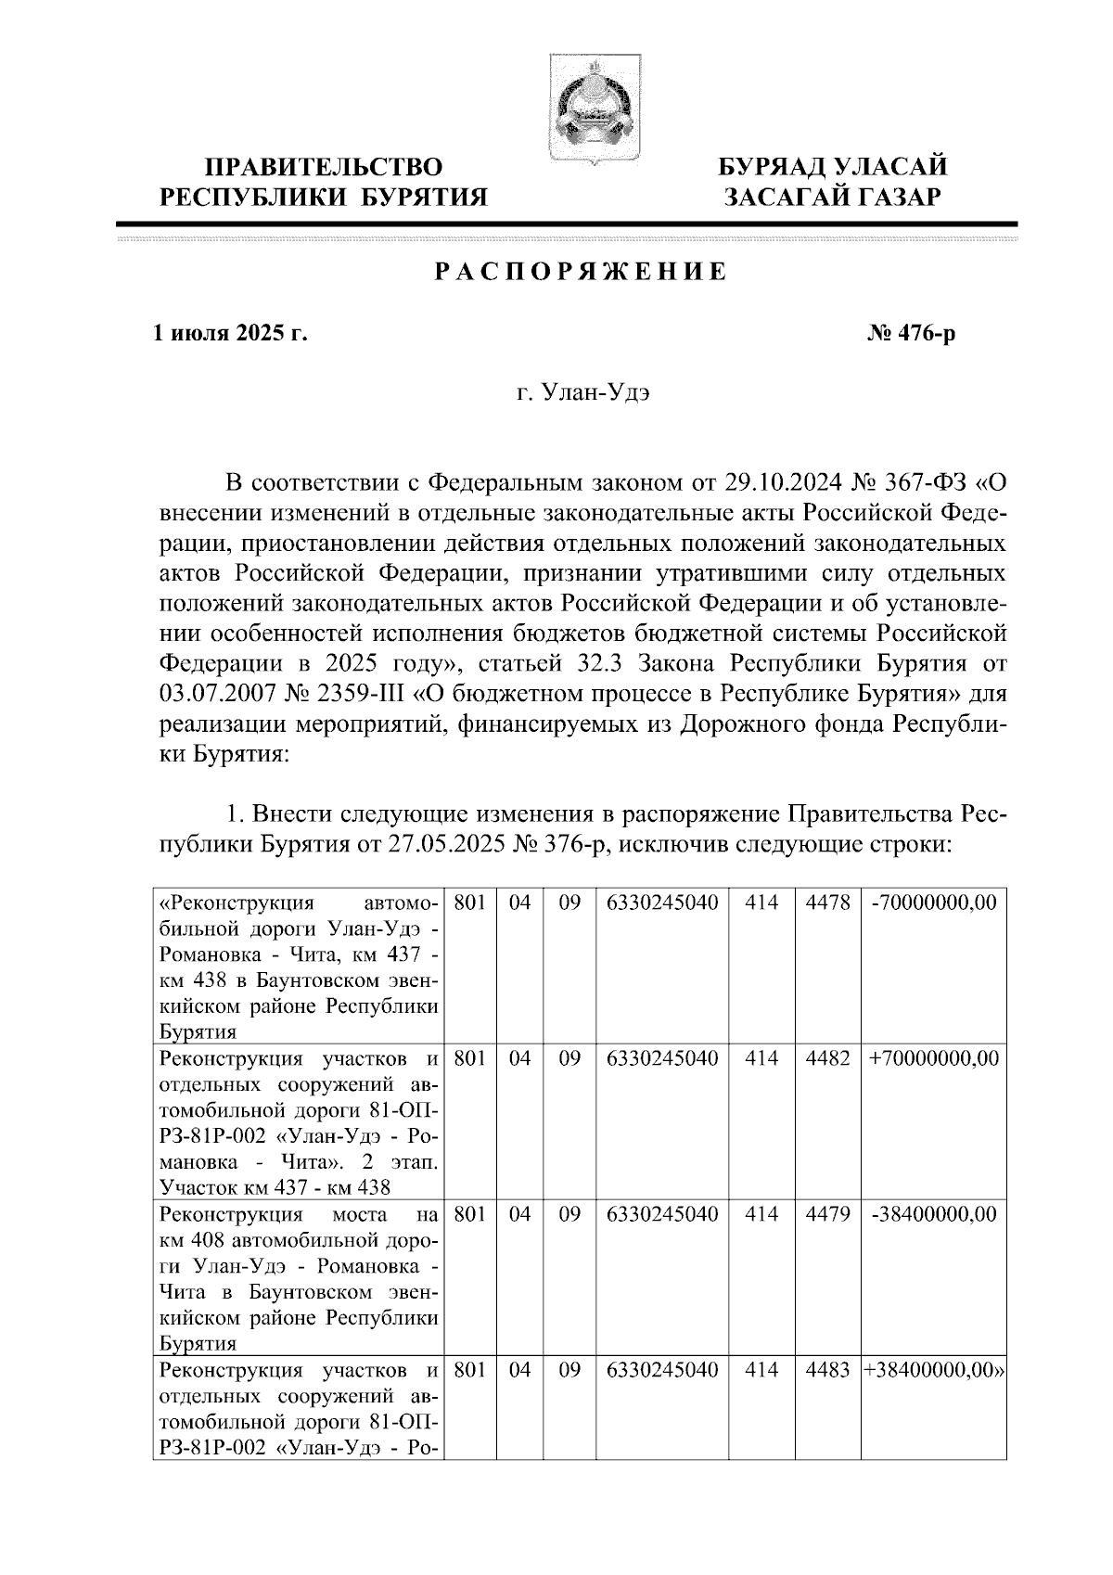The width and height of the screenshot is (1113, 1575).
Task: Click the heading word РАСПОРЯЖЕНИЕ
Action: click(581, 272)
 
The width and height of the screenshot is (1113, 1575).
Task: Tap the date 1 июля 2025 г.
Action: click(230, 333)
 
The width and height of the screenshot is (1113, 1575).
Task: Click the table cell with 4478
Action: click(827, 903)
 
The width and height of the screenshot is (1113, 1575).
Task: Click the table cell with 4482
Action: click(827, 1058)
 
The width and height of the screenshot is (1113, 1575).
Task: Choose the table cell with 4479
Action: click(827, 1214)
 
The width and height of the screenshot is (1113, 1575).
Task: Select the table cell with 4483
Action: click(827, 1370)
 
